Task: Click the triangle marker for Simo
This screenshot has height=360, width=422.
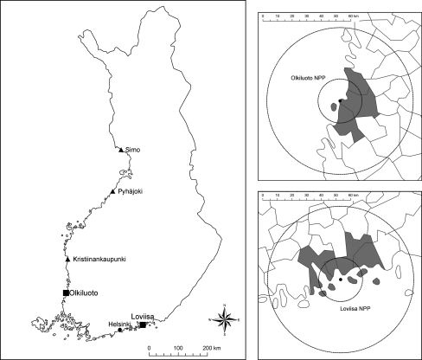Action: (121, 149)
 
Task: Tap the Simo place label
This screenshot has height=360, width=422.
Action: (133, 150)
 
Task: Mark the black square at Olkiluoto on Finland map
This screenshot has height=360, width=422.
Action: (67, 293)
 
